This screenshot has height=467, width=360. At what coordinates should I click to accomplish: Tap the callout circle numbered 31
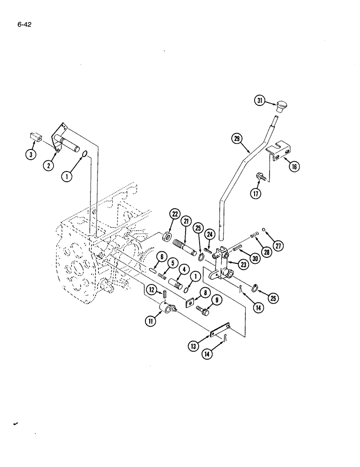[259, 100]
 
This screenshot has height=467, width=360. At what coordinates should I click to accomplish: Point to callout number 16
[294, 167]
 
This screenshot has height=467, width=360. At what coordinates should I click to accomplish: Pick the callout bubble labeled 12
[152, 290]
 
